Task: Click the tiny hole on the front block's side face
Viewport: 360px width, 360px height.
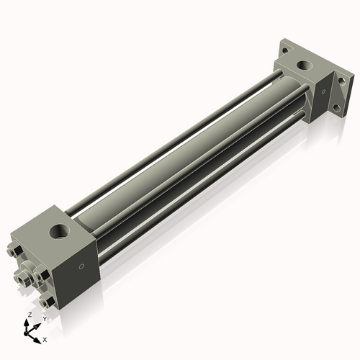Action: [x=80, y=267]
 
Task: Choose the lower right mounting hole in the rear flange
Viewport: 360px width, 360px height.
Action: [x=334, y=110]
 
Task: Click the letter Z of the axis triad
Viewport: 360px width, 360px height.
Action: [x=29, y=315]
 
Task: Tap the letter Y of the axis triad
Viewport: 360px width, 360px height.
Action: [x=45, y=318]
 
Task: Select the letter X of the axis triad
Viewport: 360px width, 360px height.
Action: [x=45, y=339]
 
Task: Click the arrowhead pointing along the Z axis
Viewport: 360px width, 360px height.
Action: [x=28, y=322]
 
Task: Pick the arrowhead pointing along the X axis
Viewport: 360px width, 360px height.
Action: [x=39, y=336]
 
